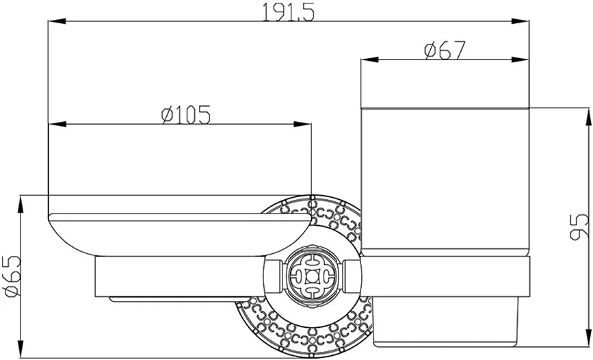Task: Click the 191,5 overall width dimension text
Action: click(289, 12)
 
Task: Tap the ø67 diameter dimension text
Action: click(444, 51)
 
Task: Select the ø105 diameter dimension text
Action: click(185, 115)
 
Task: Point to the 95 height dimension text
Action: click(579, 227)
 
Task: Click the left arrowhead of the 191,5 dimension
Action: click(57, 21)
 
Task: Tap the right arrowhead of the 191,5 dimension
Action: click(520, 21)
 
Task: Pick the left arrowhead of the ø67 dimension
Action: click(370, 60)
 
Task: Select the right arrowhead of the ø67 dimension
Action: click(520, 60)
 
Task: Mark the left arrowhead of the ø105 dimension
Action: click(57, 124)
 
